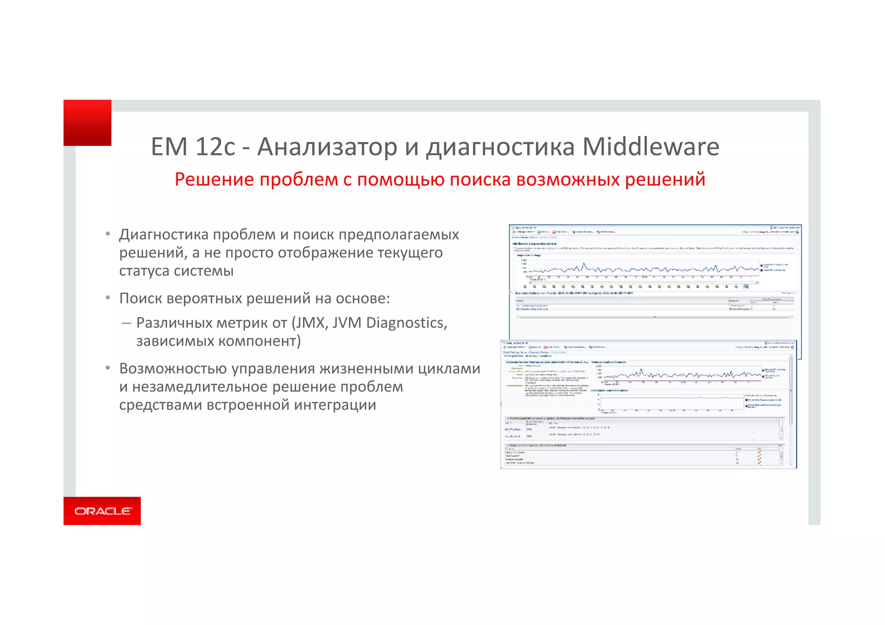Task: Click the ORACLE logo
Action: point(102,511)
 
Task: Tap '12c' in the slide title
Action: point(215,147)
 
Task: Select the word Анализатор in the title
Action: point(327,147)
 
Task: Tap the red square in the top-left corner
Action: point(87,123)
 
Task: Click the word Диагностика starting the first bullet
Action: point(164,235)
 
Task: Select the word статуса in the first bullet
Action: point(144,271)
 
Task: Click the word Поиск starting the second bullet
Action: point(140,299)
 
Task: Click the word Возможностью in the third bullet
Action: point(173,369)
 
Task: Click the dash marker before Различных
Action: point(126,323)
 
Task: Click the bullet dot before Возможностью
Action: point(108,368)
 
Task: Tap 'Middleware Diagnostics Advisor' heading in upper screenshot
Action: point(534,244)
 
